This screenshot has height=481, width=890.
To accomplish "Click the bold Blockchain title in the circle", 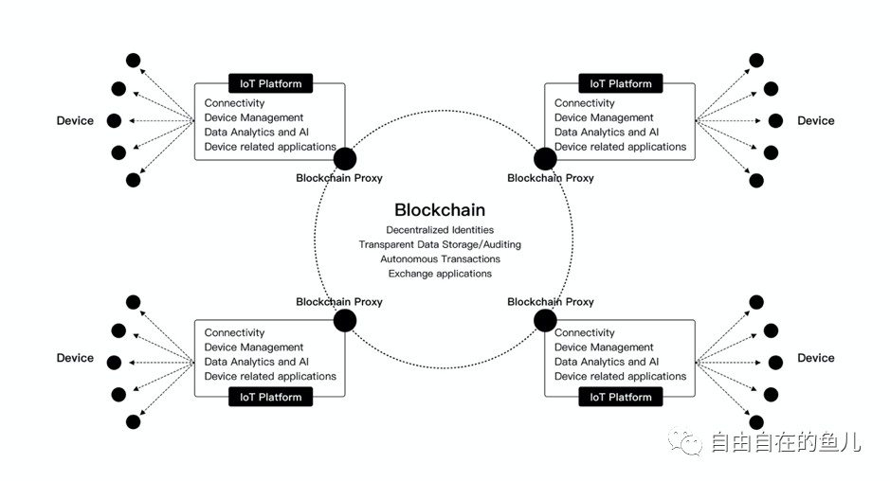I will tap(439, 210).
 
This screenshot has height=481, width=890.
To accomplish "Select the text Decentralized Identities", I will tap(440, 230).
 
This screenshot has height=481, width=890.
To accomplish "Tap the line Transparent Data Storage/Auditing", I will tap(440, 244).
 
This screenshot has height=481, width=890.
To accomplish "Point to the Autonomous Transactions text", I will tap(440, 258).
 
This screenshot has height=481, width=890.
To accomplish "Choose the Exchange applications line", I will tap(440, 274).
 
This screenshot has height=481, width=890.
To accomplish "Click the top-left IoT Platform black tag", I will tap(270, 83).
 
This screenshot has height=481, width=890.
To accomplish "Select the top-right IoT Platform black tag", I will tap(621, 83).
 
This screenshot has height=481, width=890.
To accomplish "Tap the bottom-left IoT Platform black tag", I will tap(270, 397).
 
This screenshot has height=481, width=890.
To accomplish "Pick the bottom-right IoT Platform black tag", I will tap(621, 397).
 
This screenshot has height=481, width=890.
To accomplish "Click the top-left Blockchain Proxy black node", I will tap(345, 159).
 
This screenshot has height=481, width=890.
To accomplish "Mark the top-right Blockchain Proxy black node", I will tap(545, 159).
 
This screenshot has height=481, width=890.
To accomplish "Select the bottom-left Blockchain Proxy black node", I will tap(345, 320).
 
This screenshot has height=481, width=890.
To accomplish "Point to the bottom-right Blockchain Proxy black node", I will tap(545, 320).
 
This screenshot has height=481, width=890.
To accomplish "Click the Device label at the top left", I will tap(75, 120).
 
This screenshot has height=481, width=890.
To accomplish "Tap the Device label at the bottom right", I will tap(815, 358).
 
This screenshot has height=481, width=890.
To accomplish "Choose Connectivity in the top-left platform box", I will tap(234, 103).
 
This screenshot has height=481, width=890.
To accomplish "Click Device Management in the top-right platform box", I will tap(604, 118).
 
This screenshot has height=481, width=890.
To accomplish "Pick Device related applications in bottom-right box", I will tap(620, 376).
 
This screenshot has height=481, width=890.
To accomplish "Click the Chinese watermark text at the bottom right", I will tap(785, 441).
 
